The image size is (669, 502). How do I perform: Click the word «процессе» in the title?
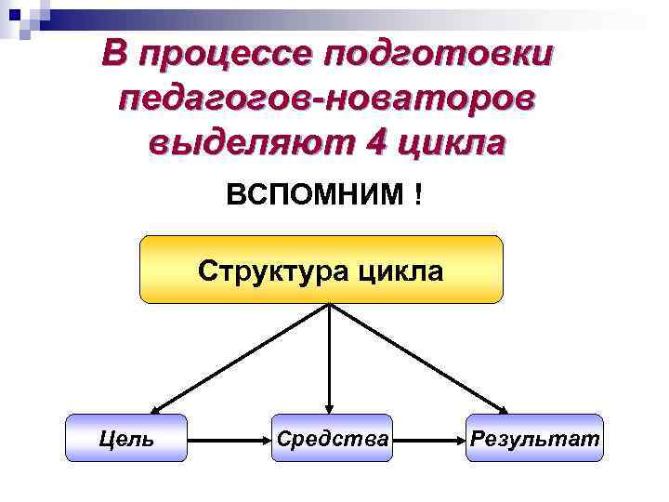pyautogui.click(x=222, y=55)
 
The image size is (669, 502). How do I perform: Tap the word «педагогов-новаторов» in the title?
pyautogui.click(x=327, y=98)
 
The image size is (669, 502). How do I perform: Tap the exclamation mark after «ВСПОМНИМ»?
pyautogui.click(x=420, y=197)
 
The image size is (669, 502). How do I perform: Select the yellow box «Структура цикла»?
pyautogui.click(x=321, y=270)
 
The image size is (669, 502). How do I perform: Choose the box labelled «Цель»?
pyautogui.click(x=126, y=438)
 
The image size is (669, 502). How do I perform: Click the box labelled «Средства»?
pyautogui.click(x=331, y=438)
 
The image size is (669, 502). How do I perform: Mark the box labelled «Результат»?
pyautogui.click(x=534, y=438)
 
